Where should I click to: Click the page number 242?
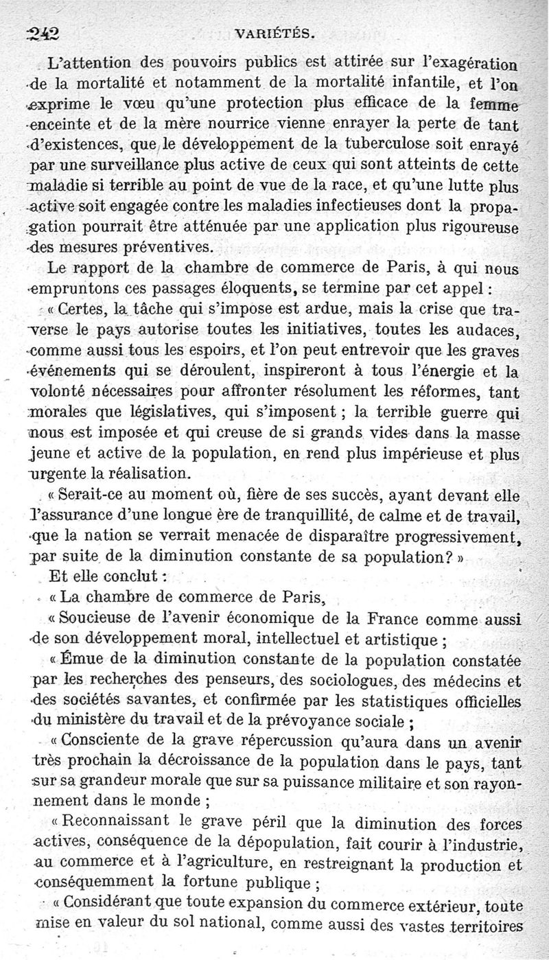point(43,33)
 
